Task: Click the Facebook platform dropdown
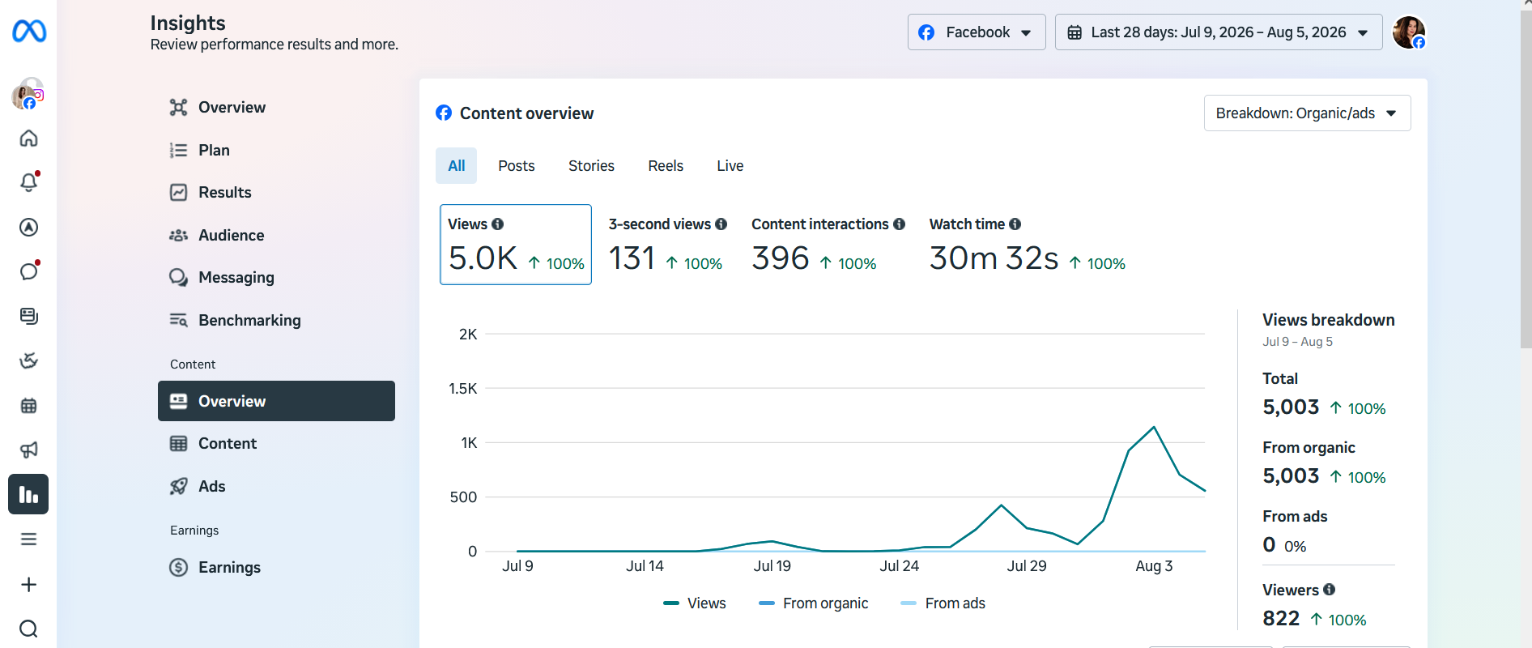tap(977, 32)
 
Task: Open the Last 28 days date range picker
tap(1219, 32)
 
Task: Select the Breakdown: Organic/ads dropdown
tap(1307, 113)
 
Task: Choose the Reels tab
tap(666, 166)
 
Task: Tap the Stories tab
tap(591, 166)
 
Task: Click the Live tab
tap(730, 166)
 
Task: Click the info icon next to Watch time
tap(1015, 224)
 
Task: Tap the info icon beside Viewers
tap(1330, 590)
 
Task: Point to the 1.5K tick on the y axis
tap(463, 389)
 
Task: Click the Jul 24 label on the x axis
tap(900, 566)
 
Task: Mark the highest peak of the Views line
tap(1154, 427)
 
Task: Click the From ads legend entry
tap(943, 603)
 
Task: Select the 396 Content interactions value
tap(781, 258)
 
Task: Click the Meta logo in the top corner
tap(29, 32)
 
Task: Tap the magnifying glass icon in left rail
tap(28, 629)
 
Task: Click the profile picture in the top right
tap(1409, 32)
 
